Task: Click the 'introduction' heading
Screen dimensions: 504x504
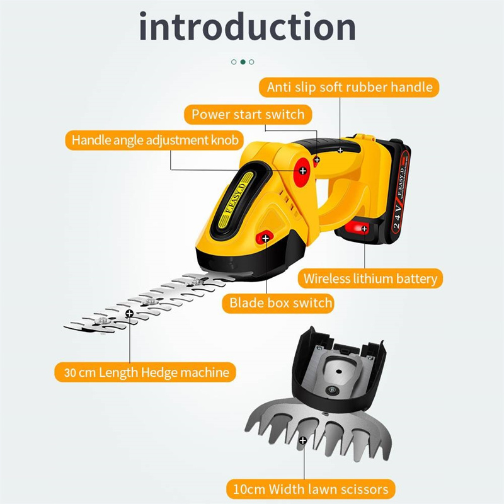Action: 248,26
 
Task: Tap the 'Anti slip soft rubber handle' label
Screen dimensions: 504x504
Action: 349,87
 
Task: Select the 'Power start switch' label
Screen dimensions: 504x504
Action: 248,114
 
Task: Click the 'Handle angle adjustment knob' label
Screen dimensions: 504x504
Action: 154,140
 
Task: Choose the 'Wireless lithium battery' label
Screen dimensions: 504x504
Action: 370,278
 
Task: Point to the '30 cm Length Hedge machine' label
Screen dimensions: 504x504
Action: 146,372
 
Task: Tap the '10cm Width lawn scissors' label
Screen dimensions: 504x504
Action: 311,489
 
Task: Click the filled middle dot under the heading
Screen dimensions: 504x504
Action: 243,62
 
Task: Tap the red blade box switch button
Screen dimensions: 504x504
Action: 265,238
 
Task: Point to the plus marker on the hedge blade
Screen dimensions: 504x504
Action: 130,313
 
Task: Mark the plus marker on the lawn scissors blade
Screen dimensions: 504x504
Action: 303,440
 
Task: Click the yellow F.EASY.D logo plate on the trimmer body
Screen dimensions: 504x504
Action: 236,200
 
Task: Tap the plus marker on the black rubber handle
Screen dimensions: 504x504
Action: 340,150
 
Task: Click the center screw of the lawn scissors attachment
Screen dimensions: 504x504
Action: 332,390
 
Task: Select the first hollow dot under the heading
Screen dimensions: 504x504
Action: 234,62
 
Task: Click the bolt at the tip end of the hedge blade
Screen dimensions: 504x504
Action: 103,320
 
